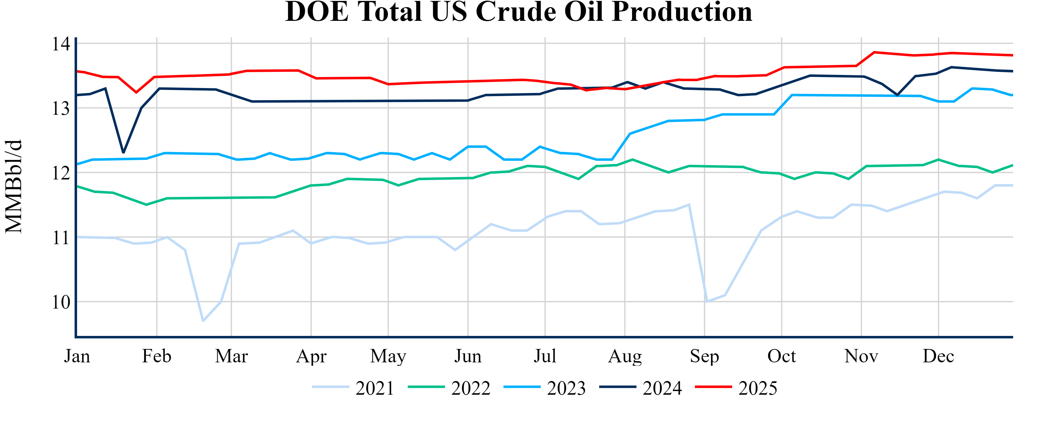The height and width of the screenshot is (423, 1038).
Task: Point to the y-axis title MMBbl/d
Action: (x=14, y=186)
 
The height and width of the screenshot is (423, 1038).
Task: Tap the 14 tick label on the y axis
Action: (x=61, y=44)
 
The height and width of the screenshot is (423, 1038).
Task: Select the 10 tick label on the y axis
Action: (x=61, y=302)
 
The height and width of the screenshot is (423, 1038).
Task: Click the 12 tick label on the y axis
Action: (x=61, y=173)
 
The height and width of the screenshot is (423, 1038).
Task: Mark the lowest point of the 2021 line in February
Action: (x=203, y=321)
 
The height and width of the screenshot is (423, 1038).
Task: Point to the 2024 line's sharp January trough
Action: (x=123, y=152)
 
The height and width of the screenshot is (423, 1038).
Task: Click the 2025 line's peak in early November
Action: (x=874, y=52)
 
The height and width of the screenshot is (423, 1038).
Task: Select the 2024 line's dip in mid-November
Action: (x=897, y=95)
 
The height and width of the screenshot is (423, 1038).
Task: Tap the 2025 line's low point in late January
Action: (x=136, y=92)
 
